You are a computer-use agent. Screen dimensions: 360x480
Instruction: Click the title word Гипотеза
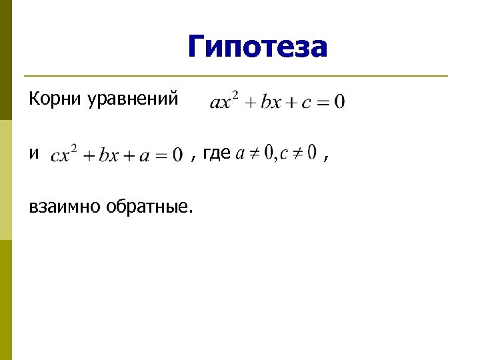pyautogui.click(x=257, y=47)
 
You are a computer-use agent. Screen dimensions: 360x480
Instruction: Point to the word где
pyautogui.click(x=216, y=154)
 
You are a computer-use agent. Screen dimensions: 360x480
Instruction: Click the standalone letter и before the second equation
pyautogui.click(x=34, y=154)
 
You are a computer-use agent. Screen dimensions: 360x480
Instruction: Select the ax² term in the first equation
pyautogui.click(x=224, y=101)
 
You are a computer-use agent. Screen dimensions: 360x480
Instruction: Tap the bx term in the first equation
pyautogui.click(x=271, y=103)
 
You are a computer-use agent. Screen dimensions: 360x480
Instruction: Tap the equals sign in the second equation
pyautogui.click(x=161, y=155)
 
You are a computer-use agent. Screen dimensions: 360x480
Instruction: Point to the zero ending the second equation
pyautogui.click(x=177, y=155)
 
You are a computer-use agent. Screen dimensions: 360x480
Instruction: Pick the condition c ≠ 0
pyautogui.click(x=298, y=154)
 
